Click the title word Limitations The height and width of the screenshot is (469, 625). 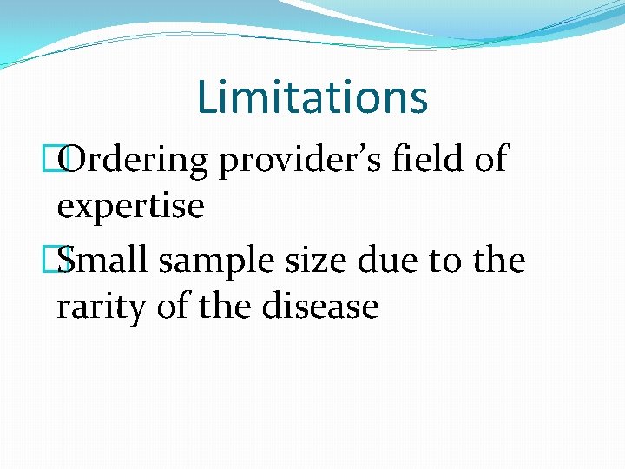312,96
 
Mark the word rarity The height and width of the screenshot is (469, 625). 102,307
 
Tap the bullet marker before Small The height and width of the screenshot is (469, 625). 63,259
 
